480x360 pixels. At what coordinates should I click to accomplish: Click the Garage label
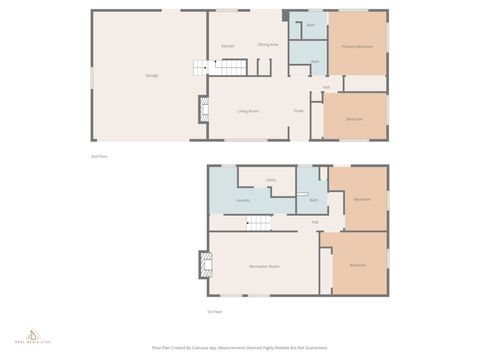(152, 75)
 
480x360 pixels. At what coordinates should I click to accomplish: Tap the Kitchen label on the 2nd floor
(228, 46)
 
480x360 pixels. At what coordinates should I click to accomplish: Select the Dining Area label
(268, 45)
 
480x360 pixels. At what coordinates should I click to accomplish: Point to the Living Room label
(249, 110)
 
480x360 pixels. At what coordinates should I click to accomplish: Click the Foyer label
(298, 110)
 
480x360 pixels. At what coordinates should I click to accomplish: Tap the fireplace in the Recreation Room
(203, 264)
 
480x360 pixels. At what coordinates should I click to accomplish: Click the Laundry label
(242, 200)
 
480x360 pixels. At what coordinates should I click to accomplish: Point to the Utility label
(271, 180)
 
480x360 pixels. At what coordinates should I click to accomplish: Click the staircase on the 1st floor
(259, 223)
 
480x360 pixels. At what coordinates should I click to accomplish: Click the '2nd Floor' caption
(98, 156)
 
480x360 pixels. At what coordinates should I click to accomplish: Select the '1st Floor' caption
(214, 311)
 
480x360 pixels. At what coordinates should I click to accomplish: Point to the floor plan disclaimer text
(239, 348)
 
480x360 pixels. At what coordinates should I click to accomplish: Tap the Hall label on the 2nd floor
(326, 87)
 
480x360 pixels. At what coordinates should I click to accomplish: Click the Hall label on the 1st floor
(315, 222)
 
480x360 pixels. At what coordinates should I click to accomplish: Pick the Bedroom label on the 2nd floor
(354, 119)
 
